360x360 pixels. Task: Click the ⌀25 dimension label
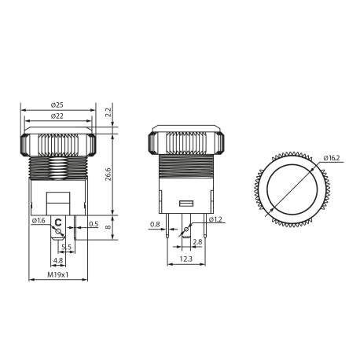(57, 105)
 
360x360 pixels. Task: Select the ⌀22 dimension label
(57, 116)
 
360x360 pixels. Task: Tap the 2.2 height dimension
(108, 113)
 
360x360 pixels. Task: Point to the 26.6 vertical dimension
(108, 174)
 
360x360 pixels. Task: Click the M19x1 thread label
(57, 275)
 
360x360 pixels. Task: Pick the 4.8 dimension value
(58, 261)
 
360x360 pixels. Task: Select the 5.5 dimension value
(66, 247)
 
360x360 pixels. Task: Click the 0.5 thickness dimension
(94, 224)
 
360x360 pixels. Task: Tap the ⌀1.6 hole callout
(39, 221)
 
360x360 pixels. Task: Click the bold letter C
(58, 223)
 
